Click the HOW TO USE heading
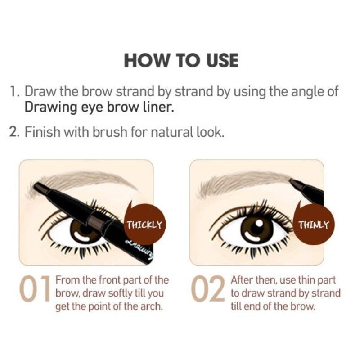tap(181, 61)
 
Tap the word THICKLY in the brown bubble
tap(145, 225)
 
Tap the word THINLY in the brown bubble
tap(314, 225)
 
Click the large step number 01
tap(35, 288)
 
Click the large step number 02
tap(208, 288)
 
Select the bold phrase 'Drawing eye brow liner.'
tap(99, 107)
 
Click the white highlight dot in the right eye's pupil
tap(259, 223)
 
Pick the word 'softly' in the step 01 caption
tap(119, 293)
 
